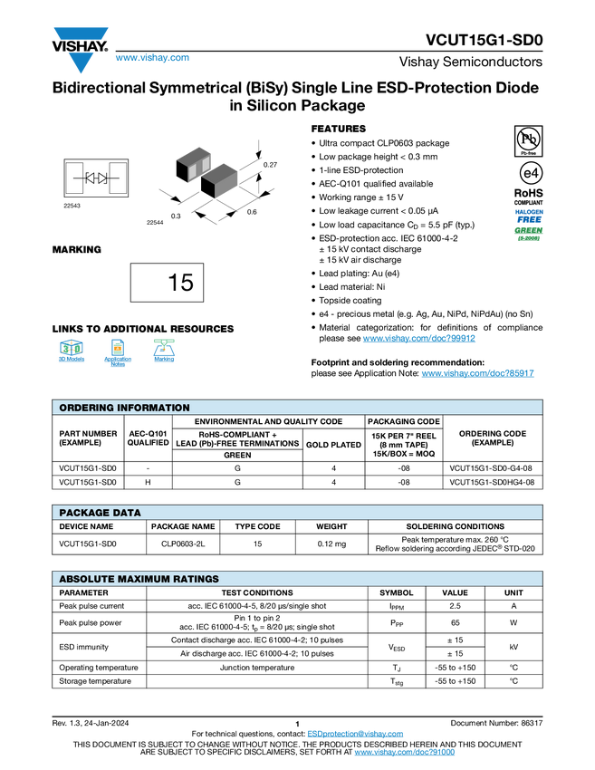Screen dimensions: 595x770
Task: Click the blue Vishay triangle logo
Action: coord(81,62)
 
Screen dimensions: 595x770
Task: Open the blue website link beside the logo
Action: coord(152,58)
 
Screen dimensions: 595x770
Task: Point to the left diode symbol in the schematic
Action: coord(91,178)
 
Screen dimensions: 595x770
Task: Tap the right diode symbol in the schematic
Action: coord(102,178)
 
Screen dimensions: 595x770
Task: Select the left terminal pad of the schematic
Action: coord(74,178)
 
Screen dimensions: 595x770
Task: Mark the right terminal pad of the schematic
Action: coord(118,178)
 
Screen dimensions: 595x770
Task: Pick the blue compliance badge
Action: coord(529,216)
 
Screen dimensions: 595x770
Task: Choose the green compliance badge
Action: coord(528,234)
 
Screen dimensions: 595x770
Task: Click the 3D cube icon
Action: coord(72,347)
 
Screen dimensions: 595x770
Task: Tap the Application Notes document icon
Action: coord(117,347)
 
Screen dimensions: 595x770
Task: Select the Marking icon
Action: coord(164,346)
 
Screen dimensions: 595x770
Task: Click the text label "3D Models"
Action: coord(72,360)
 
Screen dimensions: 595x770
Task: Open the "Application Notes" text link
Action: coord(118,361)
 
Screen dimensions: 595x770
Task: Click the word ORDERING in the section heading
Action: coord(87,408)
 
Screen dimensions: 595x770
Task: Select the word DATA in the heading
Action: coord(126,513)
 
